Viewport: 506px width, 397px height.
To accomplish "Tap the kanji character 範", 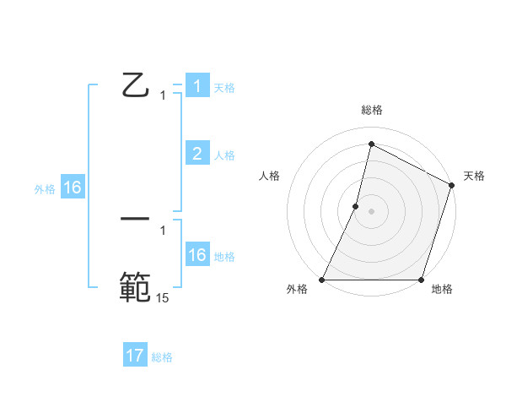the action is (135, 286).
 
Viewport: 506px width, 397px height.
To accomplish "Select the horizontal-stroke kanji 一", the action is (135, 220).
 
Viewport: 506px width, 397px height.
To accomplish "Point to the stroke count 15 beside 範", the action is (163, 297).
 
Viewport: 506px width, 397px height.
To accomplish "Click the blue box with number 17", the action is (135, 356).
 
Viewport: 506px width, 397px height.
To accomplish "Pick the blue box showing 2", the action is (197, 153).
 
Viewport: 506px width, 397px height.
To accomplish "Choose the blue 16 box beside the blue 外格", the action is (73, 188).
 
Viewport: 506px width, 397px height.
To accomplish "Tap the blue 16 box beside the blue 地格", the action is (197, 255).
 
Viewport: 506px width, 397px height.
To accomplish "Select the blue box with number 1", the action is (197, 86).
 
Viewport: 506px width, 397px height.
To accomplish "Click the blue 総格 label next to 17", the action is (162, 357).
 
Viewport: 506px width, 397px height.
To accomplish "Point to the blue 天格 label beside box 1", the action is (224, 87).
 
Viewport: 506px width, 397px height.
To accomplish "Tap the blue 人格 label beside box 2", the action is (224, 155).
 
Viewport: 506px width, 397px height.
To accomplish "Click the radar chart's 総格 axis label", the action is (372, 110).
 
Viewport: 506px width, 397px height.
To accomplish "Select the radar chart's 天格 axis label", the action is (474, 176).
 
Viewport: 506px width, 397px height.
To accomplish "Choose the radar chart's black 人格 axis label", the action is (270, 176).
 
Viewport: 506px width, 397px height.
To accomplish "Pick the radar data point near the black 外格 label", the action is (322, 280).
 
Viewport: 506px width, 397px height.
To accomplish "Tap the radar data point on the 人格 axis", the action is (356, 206).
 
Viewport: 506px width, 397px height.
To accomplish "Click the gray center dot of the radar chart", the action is (372, 211).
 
